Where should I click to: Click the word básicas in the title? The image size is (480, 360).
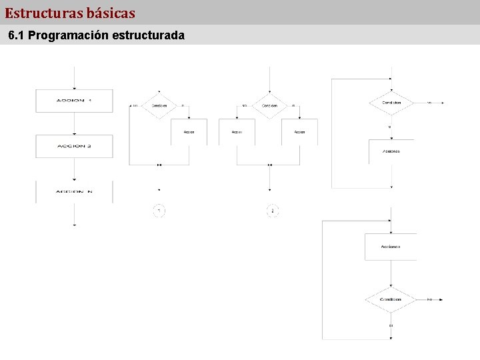[111, 13]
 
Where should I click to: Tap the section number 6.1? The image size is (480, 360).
[17, 35]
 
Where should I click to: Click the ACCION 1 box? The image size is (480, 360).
[74, 101]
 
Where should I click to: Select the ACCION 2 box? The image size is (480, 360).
[74, 146]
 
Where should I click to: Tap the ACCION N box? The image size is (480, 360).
[74, 192]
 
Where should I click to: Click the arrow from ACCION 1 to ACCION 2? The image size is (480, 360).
[74, 123]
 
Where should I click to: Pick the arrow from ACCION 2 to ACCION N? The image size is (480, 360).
[74, 169]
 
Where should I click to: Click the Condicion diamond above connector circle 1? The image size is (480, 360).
[159, 105]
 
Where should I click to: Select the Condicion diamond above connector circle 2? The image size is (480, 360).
[269, 105]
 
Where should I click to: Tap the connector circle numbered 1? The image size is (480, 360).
[159, 211]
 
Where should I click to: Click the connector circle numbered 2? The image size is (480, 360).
[271, 211]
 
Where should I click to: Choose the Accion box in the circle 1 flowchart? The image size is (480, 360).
[189, 132]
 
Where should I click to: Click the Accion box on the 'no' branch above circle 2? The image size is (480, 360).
[237, 132]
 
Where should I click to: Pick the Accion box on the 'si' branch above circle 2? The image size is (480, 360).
[299, 132]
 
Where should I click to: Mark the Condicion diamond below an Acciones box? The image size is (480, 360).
[391, 299]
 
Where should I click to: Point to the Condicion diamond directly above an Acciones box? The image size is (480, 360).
[391, 103]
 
